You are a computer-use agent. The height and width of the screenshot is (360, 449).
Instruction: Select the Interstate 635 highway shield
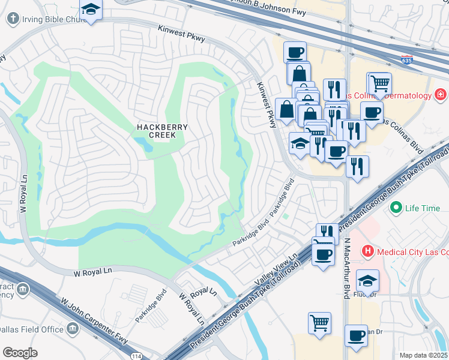tap(407, 59)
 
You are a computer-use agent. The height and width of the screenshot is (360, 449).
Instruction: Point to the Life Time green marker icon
tap(396, 208)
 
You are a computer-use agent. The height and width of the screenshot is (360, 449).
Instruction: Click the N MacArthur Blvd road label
tap(346, 268)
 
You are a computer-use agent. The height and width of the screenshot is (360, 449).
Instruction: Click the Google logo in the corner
tap(20, 352)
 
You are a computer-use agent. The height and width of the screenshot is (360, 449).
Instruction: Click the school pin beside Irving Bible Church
tap(91, 10)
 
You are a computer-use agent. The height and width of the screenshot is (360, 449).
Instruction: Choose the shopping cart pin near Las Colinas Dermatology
tap(379, 84)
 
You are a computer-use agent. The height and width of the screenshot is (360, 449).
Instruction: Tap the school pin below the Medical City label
tap(367, 280)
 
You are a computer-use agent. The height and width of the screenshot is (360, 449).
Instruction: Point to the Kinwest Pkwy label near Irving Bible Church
tap(181, 34)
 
